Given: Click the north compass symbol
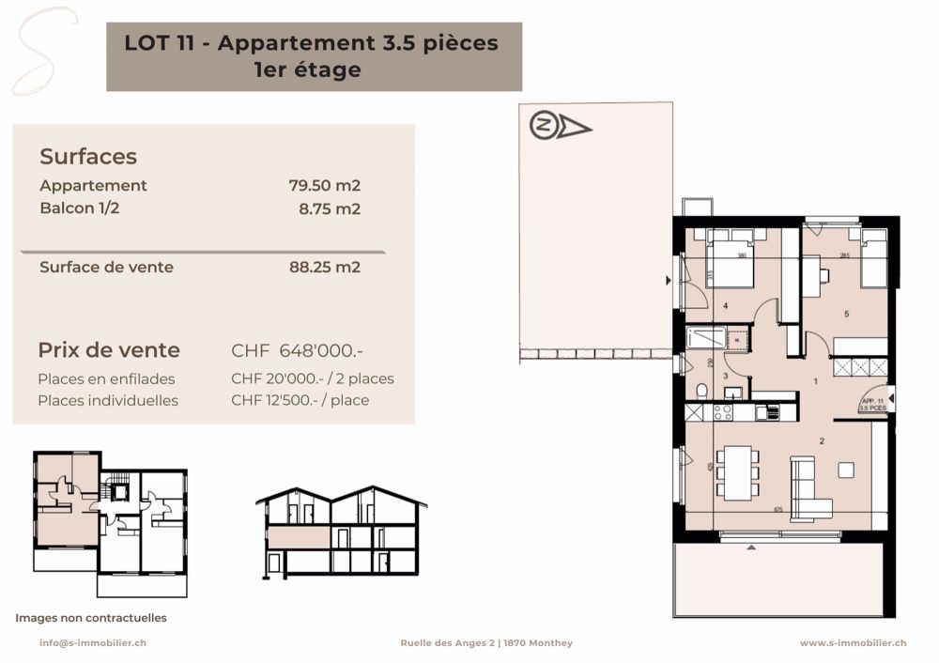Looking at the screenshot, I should (x=560, y=126).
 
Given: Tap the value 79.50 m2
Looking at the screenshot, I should (x=324, y=186).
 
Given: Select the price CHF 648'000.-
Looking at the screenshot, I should (x=297, y=351).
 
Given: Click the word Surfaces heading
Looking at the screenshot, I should (x=88, y=157).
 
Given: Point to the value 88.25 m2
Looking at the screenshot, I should (x=324, y=267).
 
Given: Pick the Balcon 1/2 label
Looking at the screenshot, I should (x=80, y=208).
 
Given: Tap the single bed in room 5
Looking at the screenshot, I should (x=873, y=258).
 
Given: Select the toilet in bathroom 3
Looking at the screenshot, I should (x=701, y=391).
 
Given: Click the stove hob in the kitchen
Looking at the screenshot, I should (x=724, y=411).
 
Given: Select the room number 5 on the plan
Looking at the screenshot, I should (x=846, y=314).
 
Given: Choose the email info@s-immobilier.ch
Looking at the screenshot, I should (x=92, y=643).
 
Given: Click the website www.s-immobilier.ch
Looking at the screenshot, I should (x=853, y=643).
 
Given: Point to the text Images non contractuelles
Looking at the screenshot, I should (x=91, y=618).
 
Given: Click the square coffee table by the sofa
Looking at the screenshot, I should (x=848, y=470).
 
